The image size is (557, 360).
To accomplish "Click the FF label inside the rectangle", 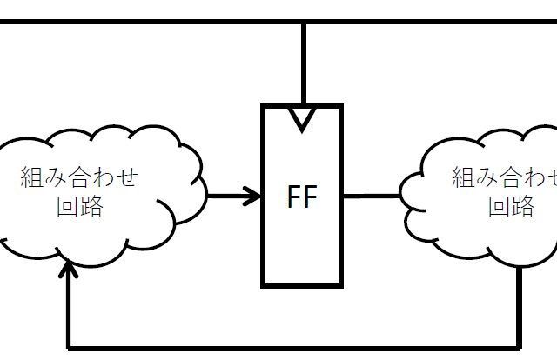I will (x=302, y=197).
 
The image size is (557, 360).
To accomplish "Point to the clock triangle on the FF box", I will (x=302, y=117).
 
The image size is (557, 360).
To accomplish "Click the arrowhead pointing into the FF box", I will (x=253, y=196).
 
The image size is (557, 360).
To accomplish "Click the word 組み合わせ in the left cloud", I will (x=78, y=178).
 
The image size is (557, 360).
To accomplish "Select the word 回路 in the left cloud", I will (x=78, y=207).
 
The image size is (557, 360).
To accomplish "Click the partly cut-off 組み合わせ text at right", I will (x=505, y=178).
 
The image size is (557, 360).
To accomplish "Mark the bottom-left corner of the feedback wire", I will (x=69, y=348).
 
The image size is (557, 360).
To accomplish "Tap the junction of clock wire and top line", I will (x=303, y=22).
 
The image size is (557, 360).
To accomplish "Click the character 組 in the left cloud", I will (x=31, y=178).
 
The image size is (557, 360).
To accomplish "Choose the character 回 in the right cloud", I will (x=498, y=207).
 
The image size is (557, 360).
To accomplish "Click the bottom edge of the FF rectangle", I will (x=302, y=284).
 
